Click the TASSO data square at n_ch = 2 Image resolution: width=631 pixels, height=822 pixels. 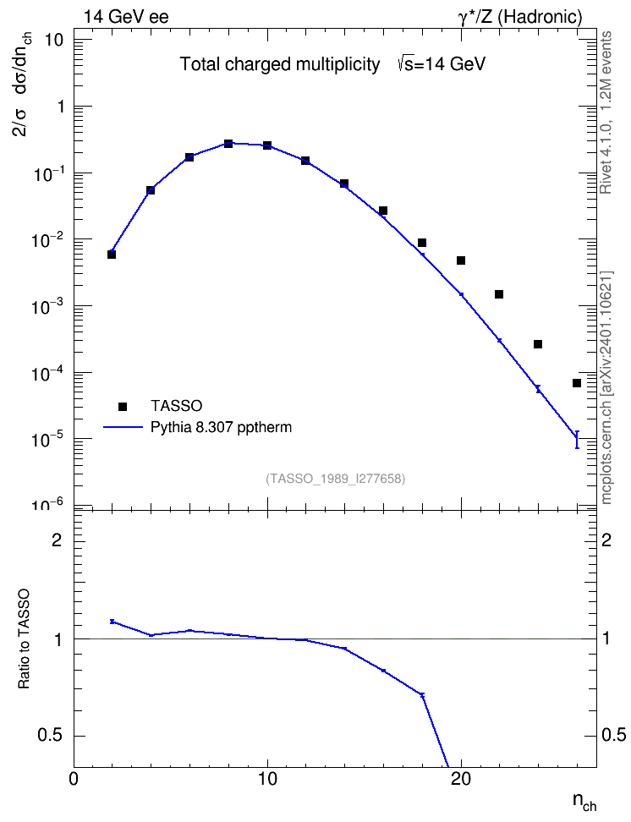tap(112, 255)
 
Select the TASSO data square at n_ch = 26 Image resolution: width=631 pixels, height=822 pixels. tap(577, 383)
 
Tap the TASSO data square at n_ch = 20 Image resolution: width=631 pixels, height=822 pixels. tap(461, 260)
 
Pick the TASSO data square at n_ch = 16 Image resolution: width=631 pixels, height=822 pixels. tap(383, 211)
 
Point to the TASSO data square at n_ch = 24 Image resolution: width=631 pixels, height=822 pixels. tap(538, 344)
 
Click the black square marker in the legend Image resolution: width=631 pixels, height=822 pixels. tap(123, 406)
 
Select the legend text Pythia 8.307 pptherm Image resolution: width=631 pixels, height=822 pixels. tap(221, 428)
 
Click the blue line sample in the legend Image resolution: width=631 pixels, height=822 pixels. tap(123, 427)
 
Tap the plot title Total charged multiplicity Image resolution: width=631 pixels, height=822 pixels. tap(280, 64)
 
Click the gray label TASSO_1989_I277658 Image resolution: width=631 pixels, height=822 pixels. tap(336, 479)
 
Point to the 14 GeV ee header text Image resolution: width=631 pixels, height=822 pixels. tap(126, 17)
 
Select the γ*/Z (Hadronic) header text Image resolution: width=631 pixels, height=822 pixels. tap(520, 17)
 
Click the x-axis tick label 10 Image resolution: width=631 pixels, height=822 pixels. tap(267, 779)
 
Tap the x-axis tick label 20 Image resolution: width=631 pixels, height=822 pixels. tap(461, 779)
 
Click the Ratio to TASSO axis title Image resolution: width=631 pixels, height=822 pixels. tap(24, 639)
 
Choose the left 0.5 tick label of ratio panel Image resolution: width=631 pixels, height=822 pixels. tap(50, 736)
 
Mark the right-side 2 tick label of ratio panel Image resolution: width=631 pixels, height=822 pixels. tap(606, 540)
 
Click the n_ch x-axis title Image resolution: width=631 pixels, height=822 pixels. tap(584, 803)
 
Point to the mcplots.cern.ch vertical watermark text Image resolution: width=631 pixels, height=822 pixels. tap(606, 388)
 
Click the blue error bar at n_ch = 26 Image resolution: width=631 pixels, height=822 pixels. tap(577, 439)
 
